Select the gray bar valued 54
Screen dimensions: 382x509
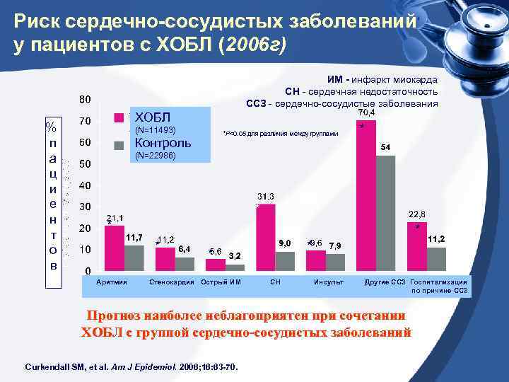point(386,212)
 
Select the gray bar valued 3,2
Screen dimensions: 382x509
point(235,267)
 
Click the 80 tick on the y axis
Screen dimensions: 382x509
point(84,98)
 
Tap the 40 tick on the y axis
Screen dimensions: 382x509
point(84,185)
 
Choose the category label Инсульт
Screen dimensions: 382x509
point(329,283)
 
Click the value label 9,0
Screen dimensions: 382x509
point(286,243)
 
